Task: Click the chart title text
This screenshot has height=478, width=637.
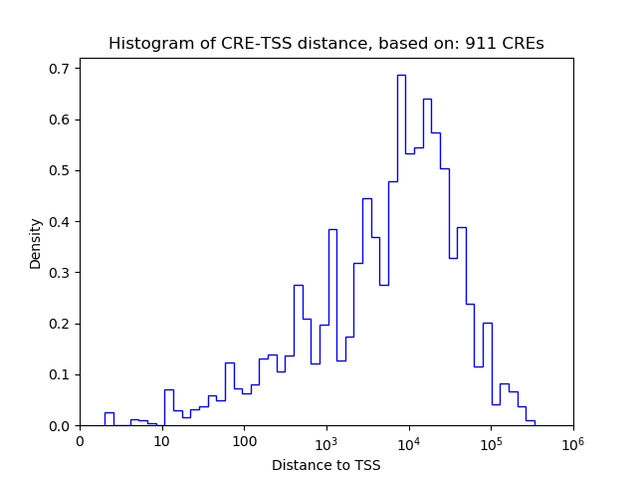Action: [326, 44]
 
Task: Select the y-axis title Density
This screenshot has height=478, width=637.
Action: [36, 243]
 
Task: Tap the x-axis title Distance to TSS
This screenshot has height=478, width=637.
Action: [326, 465]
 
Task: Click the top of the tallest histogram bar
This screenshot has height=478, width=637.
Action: [401, 75]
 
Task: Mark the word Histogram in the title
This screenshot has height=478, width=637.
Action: [147, 44]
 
